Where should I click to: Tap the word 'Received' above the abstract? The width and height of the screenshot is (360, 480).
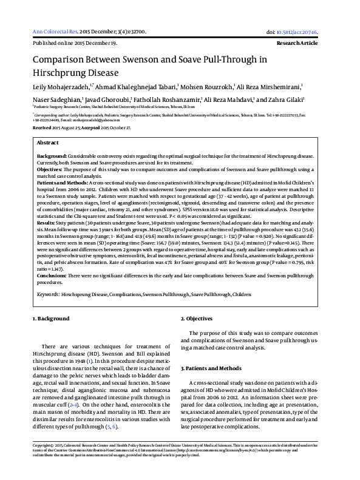42,129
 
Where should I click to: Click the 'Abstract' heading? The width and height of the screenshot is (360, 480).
48,142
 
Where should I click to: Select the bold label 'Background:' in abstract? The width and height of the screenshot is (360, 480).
52,156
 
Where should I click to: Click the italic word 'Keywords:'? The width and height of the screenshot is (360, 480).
48,294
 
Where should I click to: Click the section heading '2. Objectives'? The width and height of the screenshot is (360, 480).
199,319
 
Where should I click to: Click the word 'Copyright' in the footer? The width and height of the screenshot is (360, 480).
42,462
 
